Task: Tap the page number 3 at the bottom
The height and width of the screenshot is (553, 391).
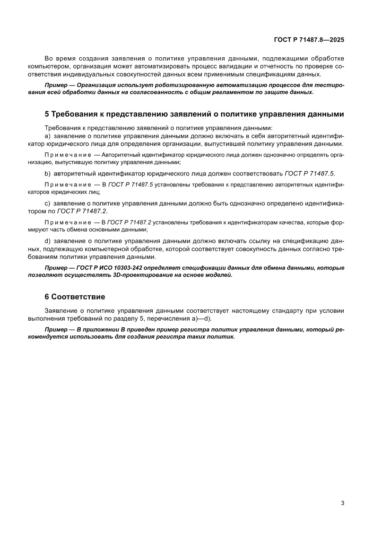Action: [x=342, y=503]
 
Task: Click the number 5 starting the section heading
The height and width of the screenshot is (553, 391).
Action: [x=46, y=114]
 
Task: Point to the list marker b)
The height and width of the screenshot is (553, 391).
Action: [x=47, y=173]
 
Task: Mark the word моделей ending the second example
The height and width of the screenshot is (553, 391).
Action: [x=220, y=275]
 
